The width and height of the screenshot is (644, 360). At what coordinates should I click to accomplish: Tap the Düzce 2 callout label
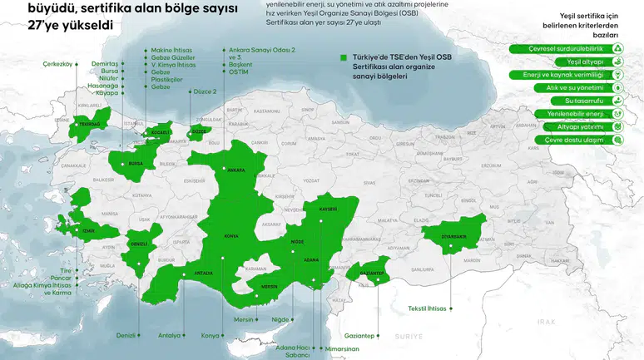click(x=204, y=91)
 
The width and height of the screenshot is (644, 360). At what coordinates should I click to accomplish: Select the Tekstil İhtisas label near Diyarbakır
click(x=428, y=309)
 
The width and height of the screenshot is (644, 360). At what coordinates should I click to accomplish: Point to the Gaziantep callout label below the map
click(x=359, y=335)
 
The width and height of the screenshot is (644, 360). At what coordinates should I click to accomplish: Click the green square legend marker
click(x=344, y=58)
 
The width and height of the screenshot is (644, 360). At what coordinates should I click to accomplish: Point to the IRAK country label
click(x=546, y=321)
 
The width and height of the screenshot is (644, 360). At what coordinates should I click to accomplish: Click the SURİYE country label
click(x=409, y=337)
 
